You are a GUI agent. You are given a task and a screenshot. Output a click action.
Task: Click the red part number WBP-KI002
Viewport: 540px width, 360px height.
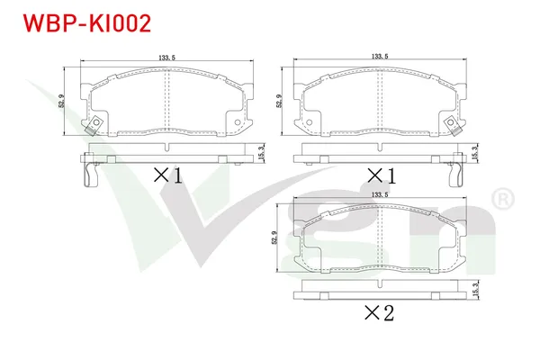[86, 23]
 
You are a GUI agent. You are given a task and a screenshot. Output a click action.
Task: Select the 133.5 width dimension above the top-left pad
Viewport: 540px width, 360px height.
[167, 58]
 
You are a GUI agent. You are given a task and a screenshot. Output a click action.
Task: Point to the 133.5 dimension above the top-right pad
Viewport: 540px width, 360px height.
[380, 56]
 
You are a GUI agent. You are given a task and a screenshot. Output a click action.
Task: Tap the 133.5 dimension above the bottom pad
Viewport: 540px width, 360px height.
[380, 194]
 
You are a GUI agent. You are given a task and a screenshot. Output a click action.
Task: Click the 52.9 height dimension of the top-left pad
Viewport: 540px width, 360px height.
[61, 102]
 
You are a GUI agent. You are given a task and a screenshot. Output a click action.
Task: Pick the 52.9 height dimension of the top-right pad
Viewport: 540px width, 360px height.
[279, 102]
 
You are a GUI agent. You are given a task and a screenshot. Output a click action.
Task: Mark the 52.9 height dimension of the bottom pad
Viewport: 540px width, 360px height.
[274, 238]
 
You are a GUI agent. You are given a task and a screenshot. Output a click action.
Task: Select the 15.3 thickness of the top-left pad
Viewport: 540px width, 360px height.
[261, 153]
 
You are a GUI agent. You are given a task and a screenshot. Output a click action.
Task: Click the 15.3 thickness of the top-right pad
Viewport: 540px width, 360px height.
[474, 153]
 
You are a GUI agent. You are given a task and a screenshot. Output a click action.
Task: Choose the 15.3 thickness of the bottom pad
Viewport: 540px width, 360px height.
[475, 290]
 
